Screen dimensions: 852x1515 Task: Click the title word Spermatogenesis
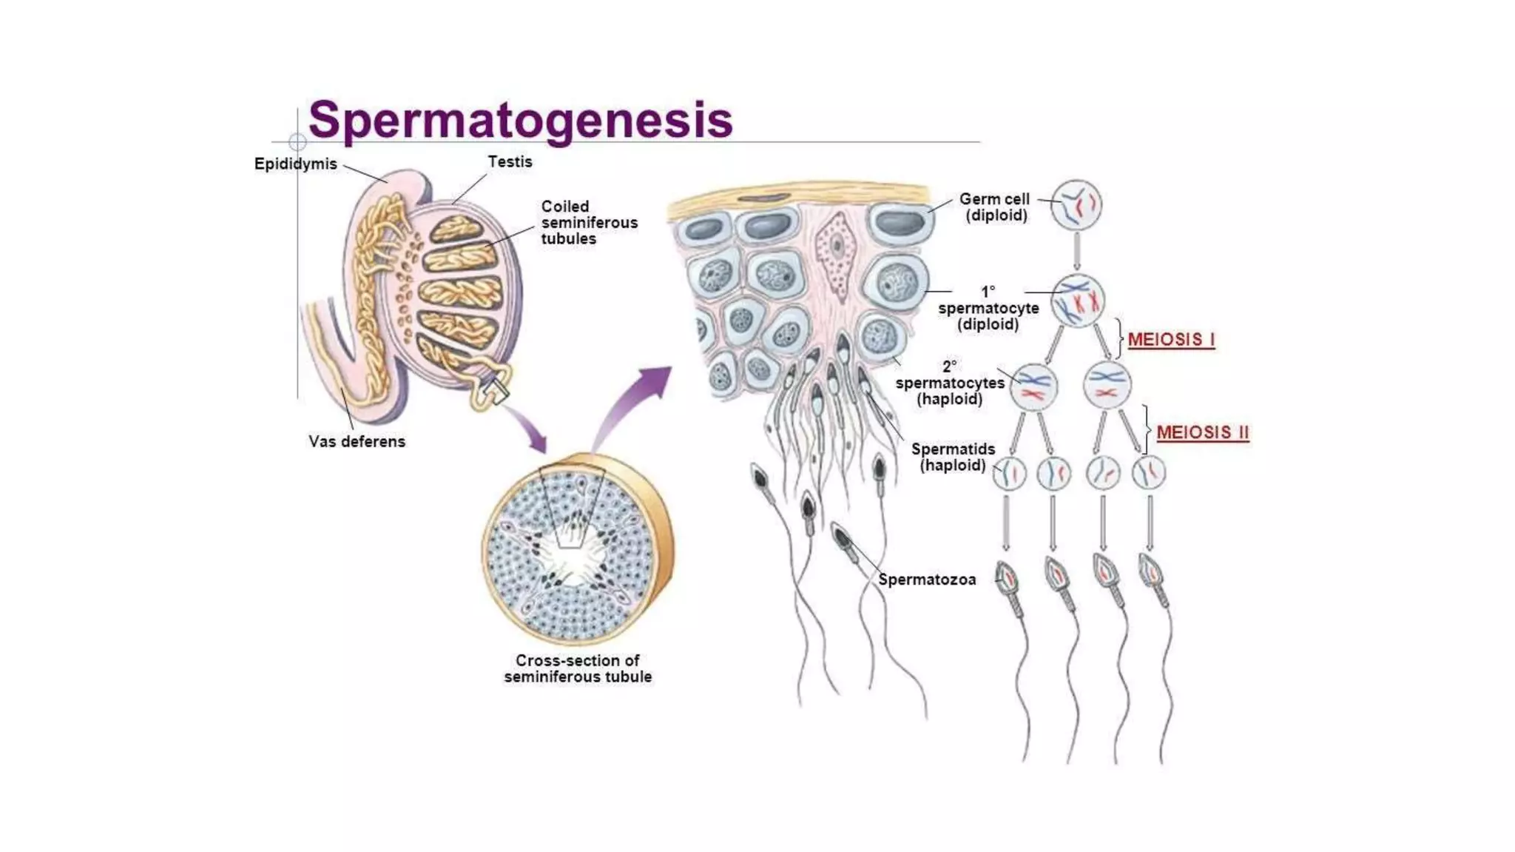tap(520, 120)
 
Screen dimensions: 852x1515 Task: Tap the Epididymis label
tap(295, 164)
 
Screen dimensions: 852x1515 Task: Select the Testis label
tap(510, 161)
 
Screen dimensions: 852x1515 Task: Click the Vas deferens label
tap(357, 441)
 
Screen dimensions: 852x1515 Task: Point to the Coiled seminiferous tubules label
tap(589, 222)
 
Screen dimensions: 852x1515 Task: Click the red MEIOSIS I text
tap(1171, 340)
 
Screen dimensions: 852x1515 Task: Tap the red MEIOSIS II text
tap(1202, 432)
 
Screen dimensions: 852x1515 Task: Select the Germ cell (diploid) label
tap(995, 207)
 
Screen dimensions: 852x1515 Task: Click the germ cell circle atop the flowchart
tap(1077, 205)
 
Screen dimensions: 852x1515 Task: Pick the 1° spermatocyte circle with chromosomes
tap(1078, 301)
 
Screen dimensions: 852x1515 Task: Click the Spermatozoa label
tap(927, 580)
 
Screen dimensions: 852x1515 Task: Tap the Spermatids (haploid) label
tap(953, 457)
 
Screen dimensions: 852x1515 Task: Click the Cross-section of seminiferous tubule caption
tap(578, 668)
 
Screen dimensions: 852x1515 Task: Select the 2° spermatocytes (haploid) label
tap(950, 383)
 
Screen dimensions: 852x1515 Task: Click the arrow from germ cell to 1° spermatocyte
tap(1077, 252)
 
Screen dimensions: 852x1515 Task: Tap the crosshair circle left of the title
tap(297, 141)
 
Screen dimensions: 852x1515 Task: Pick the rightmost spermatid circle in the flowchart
tap(1149, 472)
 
